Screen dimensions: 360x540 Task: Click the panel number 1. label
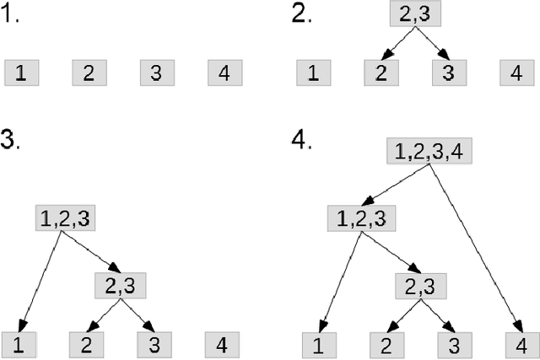[12, 16]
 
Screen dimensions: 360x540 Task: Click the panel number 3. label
[11, 140]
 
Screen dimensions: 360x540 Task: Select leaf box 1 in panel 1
[21, 73]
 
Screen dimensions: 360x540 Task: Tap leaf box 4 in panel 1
[224, 73]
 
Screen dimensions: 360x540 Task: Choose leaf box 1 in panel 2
[313, 73]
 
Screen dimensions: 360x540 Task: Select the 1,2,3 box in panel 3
[64, 218]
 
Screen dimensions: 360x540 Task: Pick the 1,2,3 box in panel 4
[360, 219]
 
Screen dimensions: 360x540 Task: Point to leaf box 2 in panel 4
[385, 344]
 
